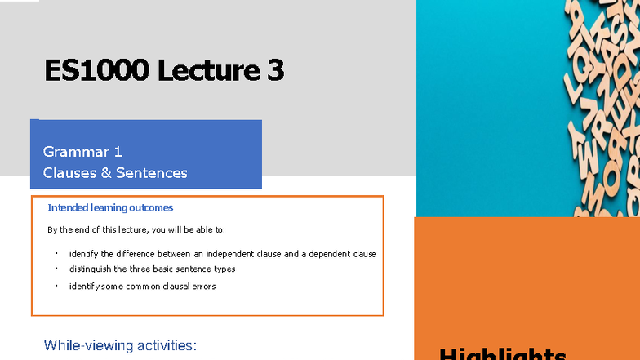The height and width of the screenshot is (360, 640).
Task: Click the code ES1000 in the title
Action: point(96,71)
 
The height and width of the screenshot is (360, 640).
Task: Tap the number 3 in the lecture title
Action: point(275,71)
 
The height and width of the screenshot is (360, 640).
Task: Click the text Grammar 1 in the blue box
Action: point(82,151)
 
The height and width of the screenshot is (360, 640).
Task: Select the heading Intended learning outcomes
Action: point(110,208)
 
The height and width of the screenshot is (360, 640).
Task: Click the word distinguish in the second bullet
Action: point(91,269)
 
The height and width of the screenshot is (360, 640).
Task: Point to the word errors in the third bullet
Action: point(203,287)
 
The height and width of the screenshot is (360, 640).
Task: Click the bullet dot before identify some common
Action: point(56,286)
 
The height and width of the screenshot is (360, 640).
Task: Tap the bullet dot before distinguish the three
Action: point(56,268)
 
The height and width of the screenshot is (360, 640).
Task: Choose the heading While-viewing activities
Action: point(120,345)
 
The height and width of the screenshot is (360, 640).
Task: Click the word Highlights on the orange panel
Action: point(502,354)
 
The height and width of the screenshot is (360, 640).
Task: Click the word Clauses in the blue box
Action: point(69,172)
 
